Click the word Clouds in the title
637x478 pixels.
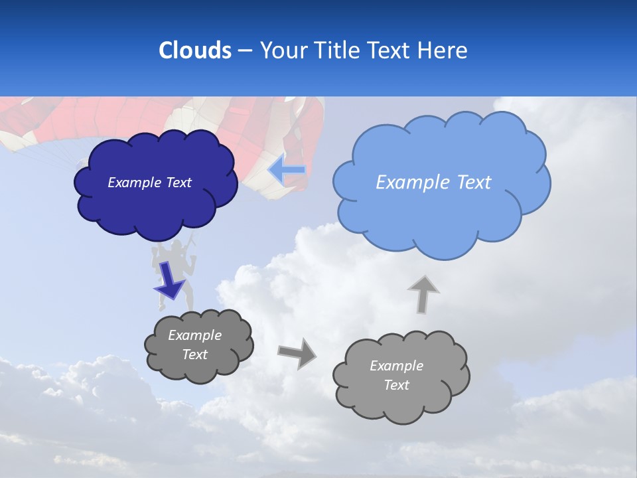click(194, 50)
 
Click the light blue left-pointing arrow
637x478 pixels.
click(287, 171)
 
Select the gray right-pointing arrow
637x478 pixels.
click(297, 353)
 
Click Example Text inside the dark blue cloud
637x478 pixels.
click(149, 183)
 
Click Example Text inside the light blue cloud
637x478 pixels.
click(433, 183)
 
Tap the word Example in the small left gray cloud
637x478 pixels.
click(194, 335)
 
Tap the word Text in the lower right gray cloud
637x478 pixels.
click(396, 385)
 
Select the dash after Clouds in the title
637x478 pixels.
click(244, 50)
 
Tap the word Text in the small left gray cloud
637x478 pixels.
click(194, 355)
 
